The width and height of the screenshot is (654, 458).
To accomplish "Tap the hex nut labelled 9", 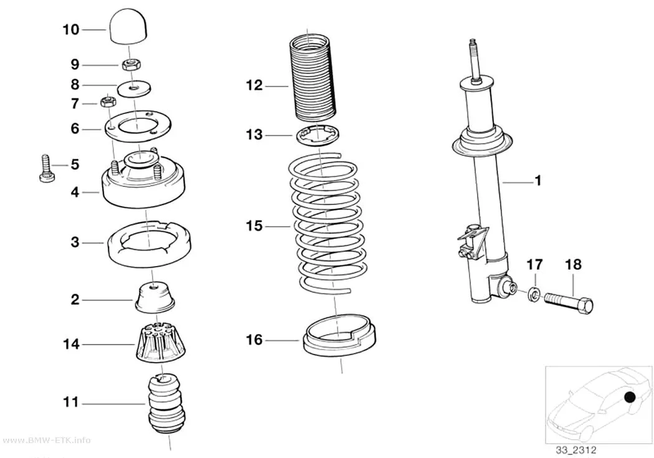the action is click(133, 65).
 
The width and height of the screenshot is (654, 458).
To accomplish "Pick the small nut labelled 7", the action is click(108, 101).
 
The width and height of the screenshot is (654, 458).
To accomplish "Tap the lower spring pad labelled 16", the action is click(338, 335).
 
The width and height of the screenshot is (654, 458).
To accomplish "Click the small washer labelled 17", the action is click(534, 295).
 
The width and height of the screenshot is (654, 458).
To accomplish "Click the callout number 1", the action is click(538, 181).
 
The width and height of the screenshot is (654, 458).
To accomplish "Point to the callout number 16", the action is click(254, 340).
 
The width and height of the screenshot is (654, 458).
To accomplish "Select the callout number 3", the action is click(75, 242).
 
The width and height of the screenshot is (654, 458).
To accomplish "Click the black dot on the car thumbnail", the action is click(630, 398).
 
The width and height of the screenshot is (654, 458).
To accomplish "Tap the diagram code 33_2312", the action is click(576, 450).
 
